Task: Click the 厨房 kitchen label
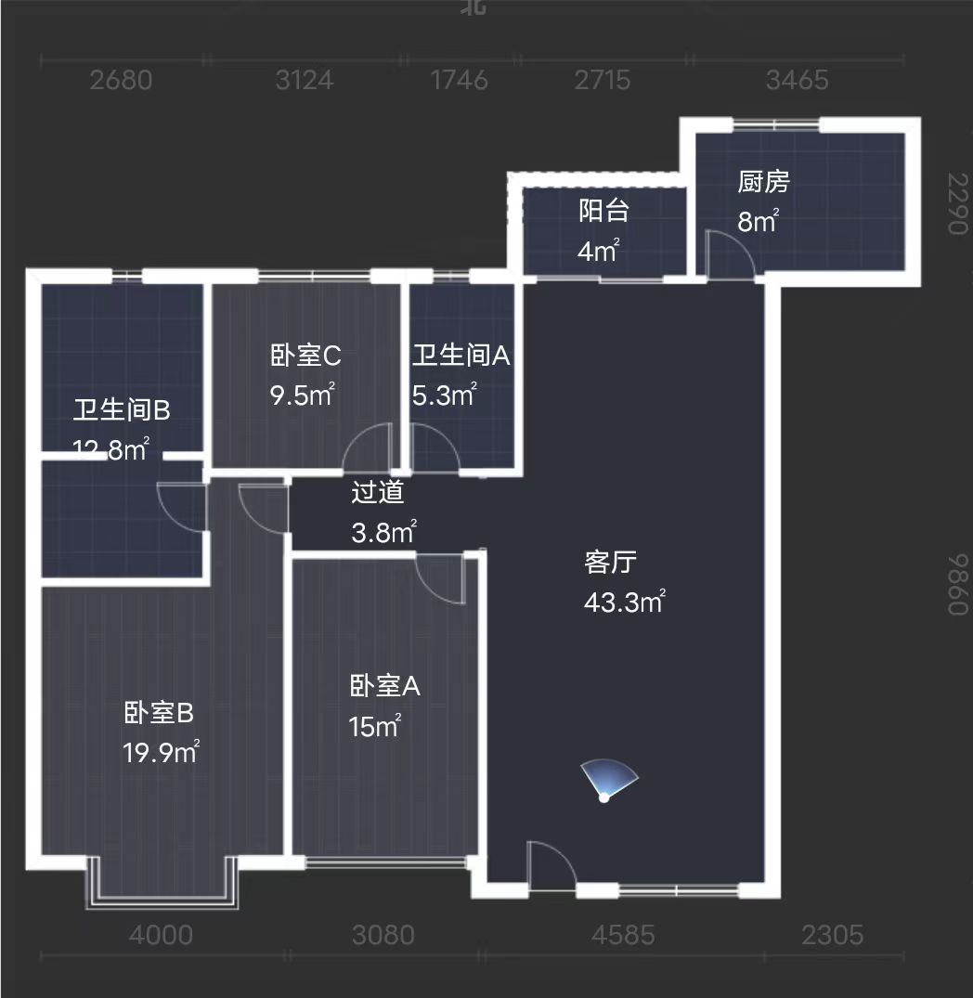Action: click(x=763, y=183)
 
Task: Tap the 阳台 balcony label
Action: click(x=603, y=211)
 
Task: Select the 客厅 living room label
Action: click(x=610, y=563)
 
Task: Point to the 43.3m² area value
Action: click(x=624, y=602)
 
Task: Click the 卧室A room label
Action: click(x=385, y=687)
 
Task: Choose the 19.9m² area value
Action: click(x=162, y=751)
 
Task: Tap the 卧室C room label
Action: click(x=306, y=356)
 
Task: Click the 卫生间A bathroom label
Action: click(x=461, y=356)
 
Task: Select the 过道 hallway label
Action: click(x=378, y=493)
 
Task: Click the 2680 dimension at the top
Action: click(x=122, y=81)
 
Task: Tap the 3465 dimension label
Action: click(x=798, y=81)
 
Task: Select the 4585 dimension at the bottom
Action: click(x=623, y=935)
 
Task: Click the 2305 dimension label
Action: click(x=833, y=935)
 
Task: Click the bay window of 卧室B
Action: click(x=162, y=887)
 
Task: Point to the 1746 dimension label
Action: click(x=460, y=81)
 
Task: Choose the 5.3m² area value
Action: click(x=444, y=395)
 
